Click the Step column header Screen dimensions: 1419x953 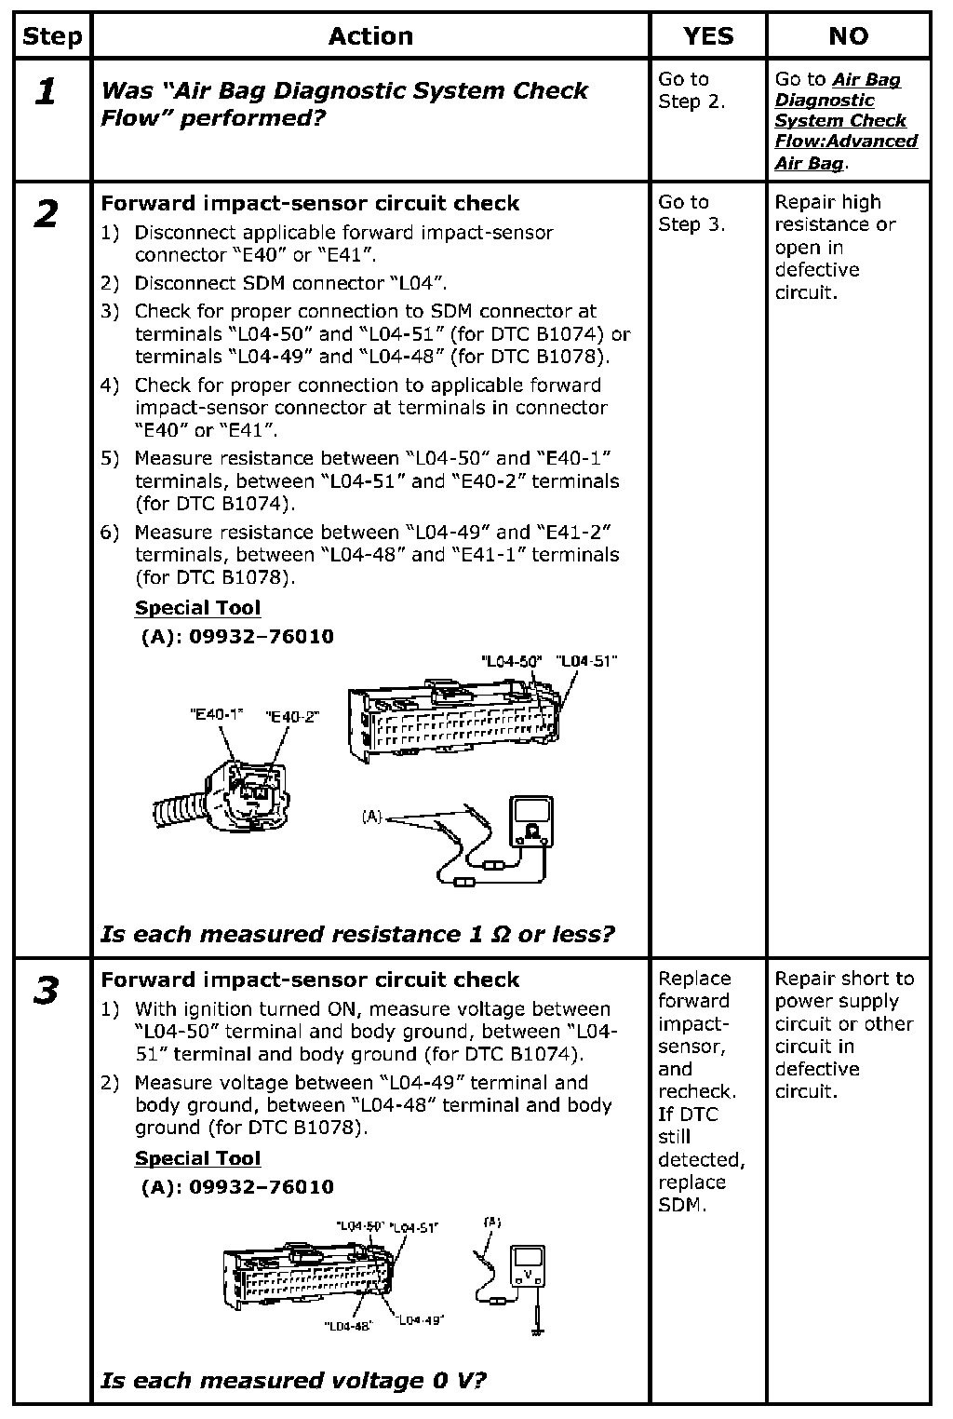pyautogui.click(x=52, y=36)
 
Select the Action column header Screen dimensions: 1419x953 pyautogui.click(x=370, y=36)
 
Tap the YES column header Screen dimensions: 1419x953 pyautogui.click(x=707, y=36)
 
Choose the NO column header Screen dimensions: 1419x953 pyautogui.click(x=848, y=36)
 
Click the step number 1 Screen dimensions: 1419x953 pyautogui.click(x=45, y=92)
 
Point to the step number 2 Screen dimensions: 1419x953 pyautogui.click(x=45, y=215)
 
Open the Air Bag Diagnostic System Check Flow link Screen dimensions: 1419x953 pyautogui.click(x=845, y=121)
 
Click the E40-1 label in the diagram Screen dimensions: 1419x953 pyautogui.click(x=216, y=714)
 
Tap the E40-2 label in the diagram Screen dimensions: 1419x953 pyautogui.click(x=292, y=716)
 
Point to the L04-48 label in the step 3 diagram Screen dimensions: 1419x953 pyautogui.click(x=348, y=1326)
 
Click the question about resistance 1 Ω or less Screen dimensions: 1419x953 pyautogui.click(x=357, y=934)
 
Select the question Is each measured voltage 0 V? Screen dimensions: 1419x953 pyautogui.click(x=293, y=1380)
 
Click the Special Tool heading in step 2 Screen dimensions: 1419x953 pyautogui.click(x=197, y=608)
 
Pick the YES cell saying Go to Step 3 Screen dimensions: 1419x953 pyautogui.click(x=691, y=213)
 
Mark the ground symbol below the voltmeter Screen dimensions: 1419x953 pyautogui.click(x=537, y=1330)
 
